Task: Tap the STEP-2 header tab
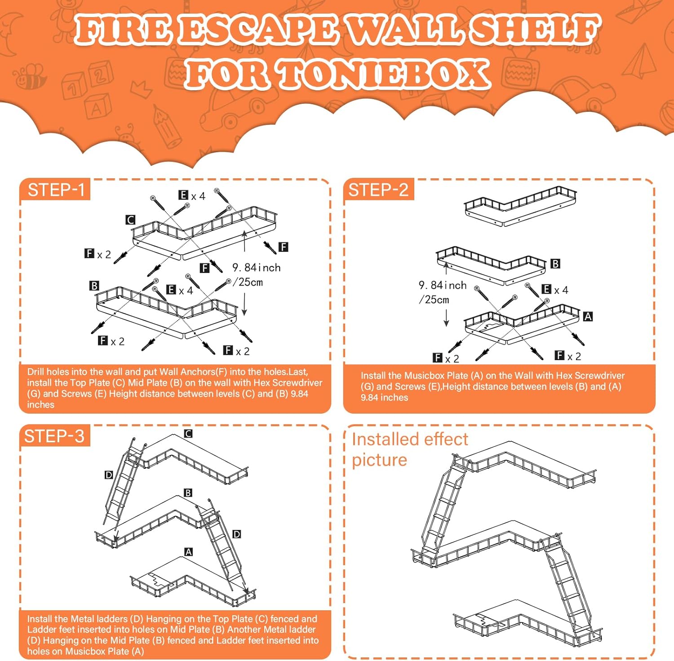[x=378, y=190]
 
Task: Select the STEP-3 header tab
[x=55, y=436]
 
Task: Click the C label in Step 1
[x=130, y=220]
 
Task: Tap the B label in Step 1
[x=94, y=286]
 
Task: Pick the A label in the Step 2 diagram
[x=588, y=317]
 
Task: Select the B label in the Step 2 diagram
[x=555, y=264]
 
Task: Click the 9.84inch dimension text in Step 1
[x=257, y=268]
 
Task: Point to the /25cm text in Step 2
[x=434, y=300]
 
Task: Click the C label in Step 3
[x=188, y=433]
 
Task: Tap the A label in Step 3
[x=189, y=552]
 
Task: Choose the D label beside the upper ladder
[x=109, y=475]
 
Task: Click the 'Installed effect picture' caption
[x=410, y=449]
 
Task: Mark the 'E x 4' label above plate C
[x=192, y=195]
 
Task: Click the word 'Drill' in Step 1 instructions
[x=36, y=372]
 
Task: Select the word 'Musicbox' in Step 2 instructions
[x=423, y=375]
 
